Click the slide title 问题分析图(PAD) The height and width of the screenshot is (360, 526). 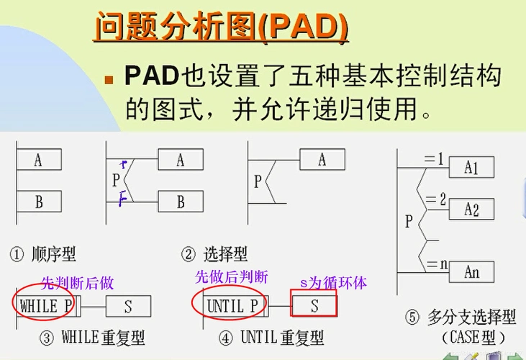click(222, 28)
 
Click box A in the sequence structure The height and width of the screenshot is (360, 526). click(38, 160)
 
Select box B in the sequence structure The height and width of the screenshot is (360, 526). click(38, 202)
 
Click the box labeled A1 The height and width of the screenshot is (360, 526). click(471, 168)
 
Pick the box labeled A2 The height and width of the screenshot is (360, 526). click(471, 210)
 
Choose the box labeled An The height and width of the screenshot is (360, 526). click(471, 273)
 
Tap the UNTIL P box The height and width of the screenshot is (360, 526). click(232, 306)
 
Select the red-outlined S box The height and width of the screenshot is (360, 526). click(314, 305)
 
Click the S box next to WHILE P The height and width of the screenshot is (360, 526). click(128, 306)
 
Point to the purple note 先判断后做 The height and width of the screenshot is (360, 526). click(77, 283)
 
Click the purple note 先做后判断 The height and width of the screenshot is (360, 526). click(232, 277)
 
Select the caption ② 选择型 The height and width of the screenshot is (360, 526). click(214, 253)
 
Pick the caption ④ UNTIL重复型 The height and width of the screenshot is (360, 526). click(263, 336)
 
